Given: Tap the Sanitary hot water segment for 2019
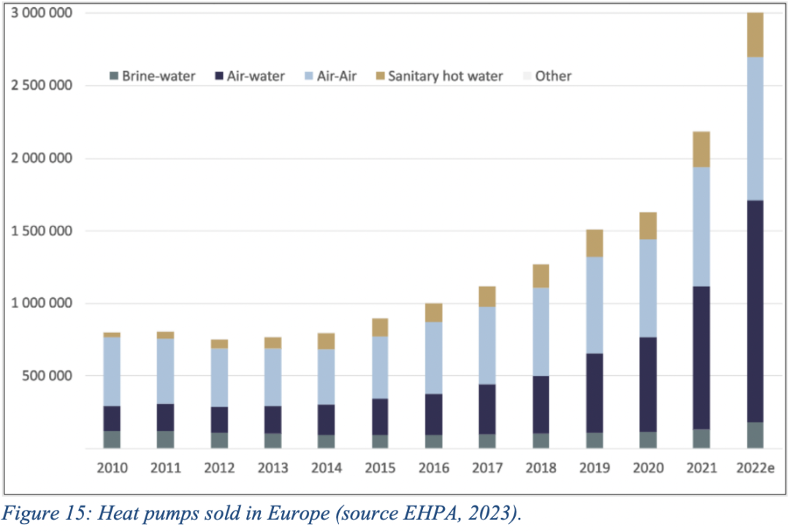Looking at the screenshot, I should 595,243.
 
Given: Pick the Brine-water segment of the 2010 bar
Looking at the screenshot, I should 112,439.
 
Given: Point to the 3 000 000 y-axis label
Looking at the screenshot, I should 46,14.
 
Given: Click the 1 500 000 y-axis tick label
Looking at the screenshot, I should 46,231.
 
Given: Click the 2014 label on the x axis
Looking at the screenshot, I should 327,467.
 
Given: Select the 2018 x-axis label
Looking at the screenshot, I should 541,467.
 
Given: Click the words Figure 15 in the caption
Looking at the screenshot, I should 44,513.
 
